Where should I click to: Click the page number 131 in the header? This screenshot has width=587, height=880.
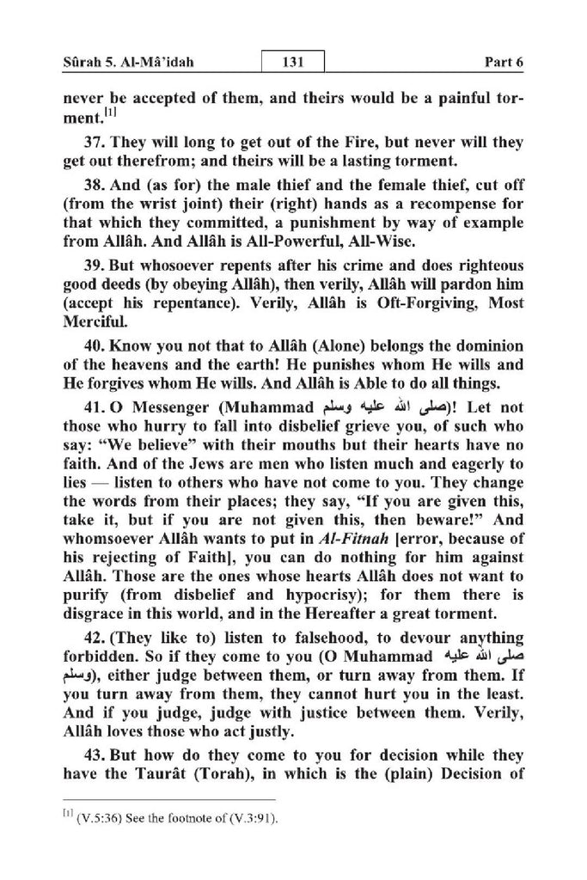pos(293,63)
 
